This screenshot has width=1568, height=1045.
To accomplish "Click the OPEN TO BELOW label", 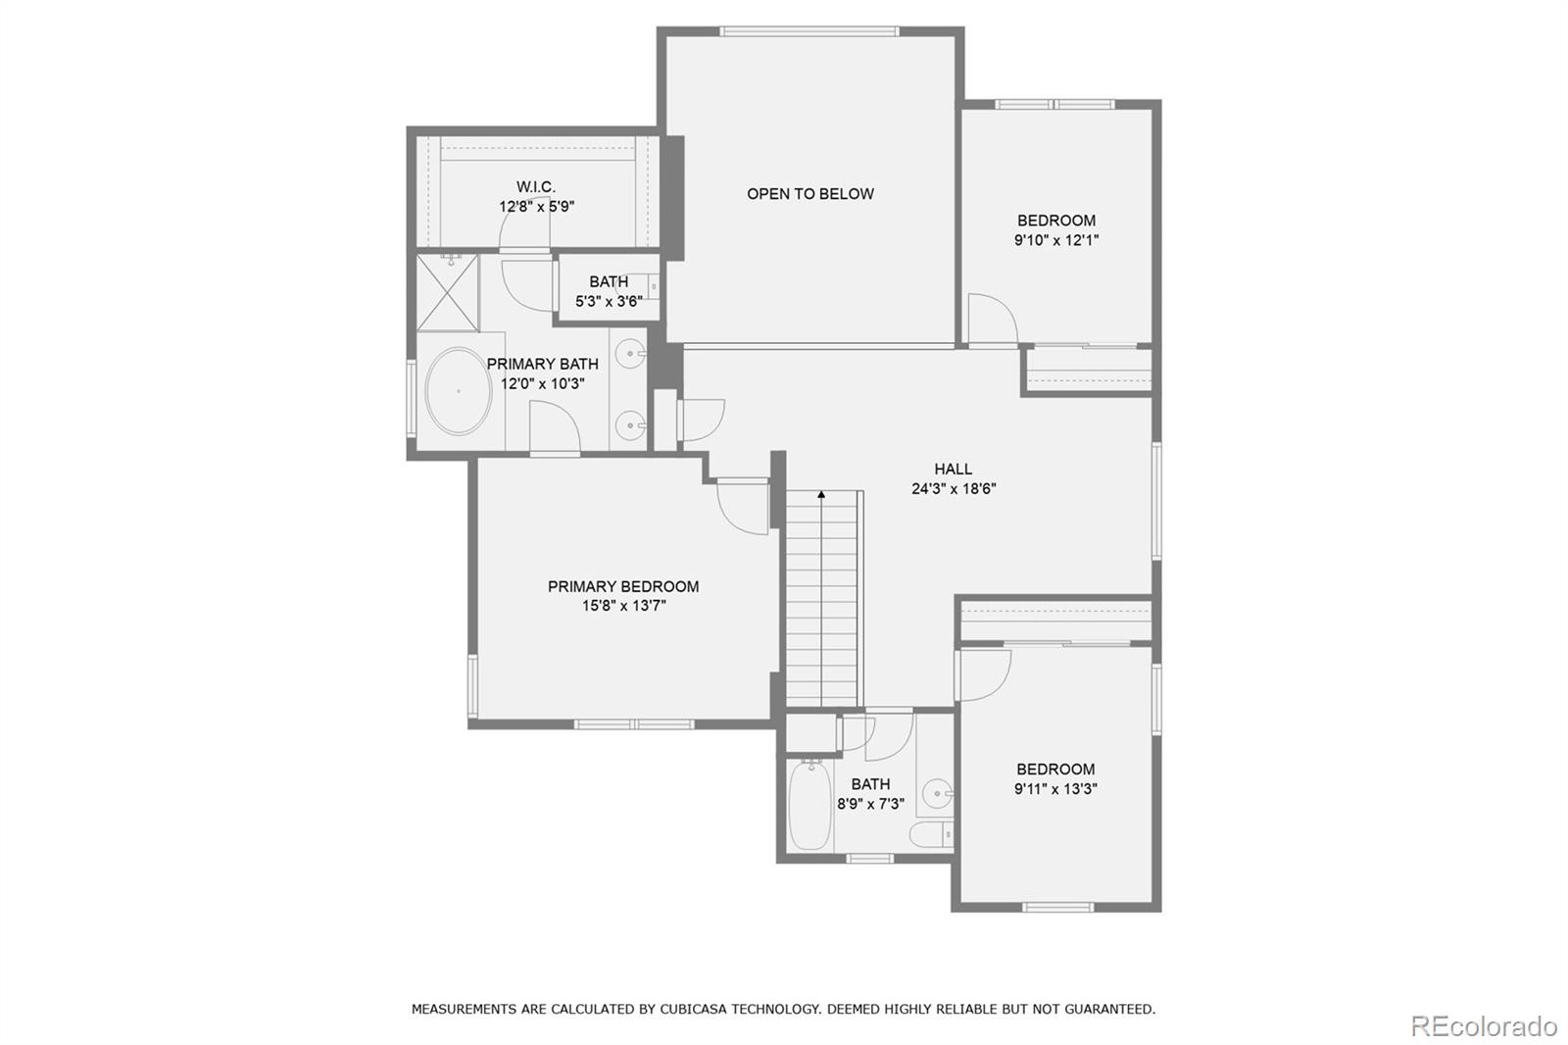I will pos(809,194).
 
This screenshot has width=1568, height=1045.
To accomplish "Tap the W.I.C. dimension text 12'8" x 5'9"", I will pos(536,207).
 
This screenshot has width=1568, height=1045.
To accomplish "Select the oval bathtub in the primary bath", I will pos(459,391).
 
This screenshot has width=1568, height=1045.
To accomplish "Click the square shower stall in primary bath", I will pos(448,292).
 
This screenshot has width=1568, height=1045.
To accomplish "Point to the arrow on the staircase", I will pos(821,495).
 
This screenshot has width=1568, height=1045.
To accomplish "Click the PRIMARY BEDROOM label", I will pos(623,586).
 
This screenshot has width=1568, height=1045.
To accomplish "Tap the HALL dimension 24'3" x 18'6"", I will pos(954,488).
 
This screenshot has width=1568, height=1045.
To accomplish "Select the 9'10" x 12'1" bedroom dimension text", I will pos(1056,240).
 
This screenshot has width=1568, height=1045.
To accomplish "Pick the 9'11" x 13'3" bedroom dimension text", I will pos(1055,789).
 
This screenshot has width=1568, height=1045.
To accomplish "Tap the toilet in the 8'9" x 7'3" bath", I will pos(929,835).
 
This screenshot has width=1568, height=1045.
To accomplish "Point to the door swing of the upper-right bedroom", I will pos(992,320).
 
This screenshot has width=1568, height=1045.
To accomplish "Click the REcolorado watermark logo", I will pos(1483,1025).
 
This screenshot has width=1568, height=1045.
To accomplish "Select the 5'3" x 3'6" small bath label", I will pos(609,301).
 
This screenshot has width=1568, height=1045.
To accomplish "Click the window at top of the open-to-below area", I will pos(808,31).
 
